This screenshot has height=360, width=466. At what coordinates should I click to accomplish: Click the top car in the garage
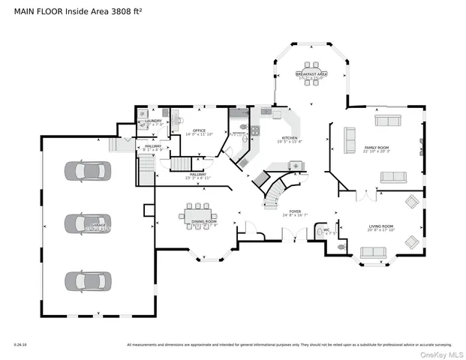pos(84,171)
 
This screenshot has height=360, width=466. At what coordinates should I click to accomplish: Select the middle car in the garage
pos(84,224)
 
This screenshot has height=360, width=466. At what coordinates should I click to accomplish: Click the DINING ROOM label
pos(203,222)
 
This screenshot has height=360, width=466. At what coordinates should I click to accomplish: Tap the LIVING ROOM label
pos(381,226)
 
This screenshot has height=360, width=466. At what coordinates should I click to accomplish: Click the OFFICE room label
pos(199,130)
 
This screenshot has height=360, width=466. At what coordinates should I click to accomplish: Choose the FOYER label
pos(296,212)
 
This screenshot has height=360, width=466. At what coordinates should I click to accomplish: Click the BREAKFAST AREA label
pos(311,74)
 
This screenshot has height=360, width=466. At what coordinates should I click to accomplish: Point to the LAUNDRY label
pos(154,121)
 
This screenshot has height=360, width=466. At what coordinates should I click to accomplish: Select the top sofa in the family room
pos(389,121)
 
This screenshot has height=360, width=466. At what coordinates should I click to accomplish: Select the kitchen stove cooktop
pos(255,131)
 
